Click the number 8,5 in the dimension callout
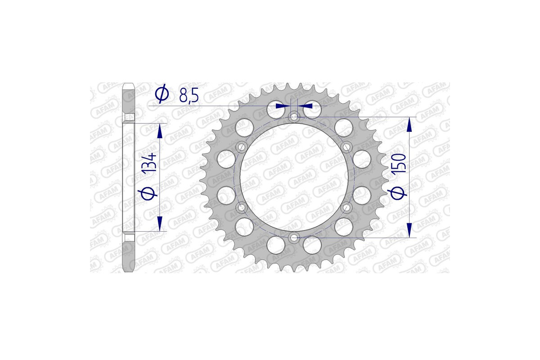click(189, 96)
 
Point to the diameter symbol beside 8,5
click(162, 94)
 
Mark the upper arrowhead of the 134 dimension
click(159, 131)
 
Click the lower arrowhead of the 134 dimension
click(159, 223)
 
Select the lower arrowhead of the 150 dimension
click(409, 229)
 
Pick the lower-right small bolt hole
click(346, 207)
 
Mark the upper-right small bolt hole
click(346, 147)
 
